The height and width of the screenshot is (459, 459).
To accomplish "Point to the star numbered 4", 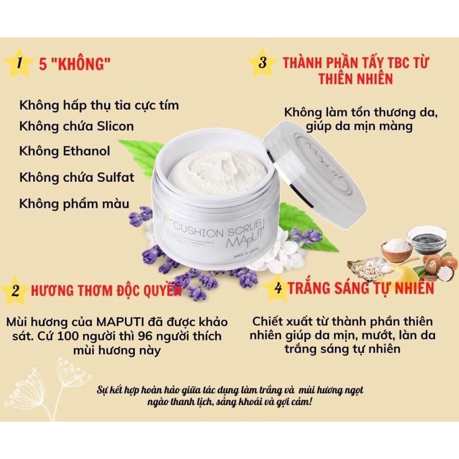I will point(278,288).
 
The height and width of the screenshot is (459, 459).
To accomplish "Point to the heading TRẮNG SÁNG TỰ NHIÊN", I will point(361,288).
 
